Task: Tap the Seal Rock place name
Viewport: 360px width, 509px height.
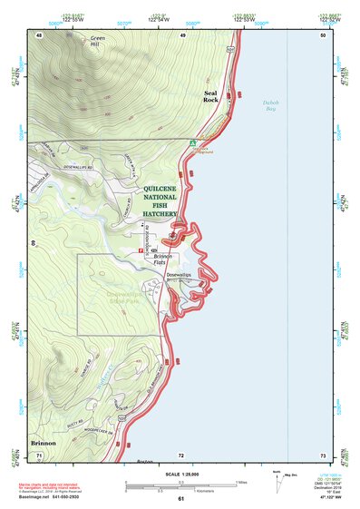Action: pyautogui.click(x=210, y=96)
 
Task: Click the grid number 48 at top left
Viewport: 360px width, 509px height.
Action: pyautogui.click(x=40, y=34)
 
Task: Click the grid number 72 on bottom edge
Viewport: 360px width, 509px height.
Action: pyautogui.click(x=180, y=455)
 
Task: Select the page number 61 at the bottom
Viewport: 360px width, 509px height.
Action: pyautogui.click(x=180, y=499)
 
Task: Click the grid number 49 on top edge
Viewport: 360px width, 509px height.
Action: pyautogui.click(x=182, y=34)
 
